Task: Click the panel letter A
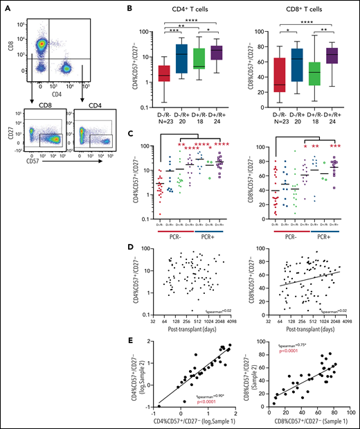[x=6, y=7]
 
